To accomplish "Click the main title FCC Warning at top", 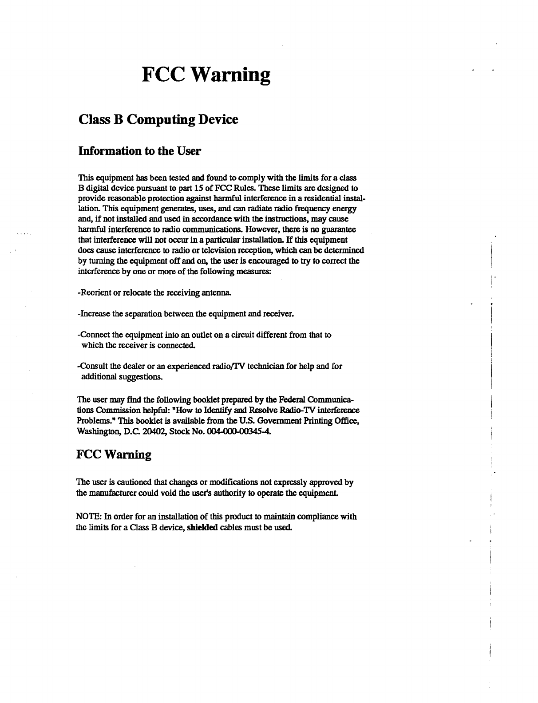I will tap(206, 75).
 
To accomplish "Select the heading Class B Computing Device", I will tap(158, 120).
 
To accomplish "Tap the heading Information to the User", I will tap(139, 151).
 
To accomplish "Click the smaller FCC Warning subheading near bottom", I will tap(114, 455).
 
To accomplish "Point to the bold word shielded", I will tap(202, 528).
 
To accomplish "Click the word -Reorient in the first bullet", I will tap(93, 293).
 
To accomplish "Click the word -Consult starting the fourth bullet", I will tap(92, 367).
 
